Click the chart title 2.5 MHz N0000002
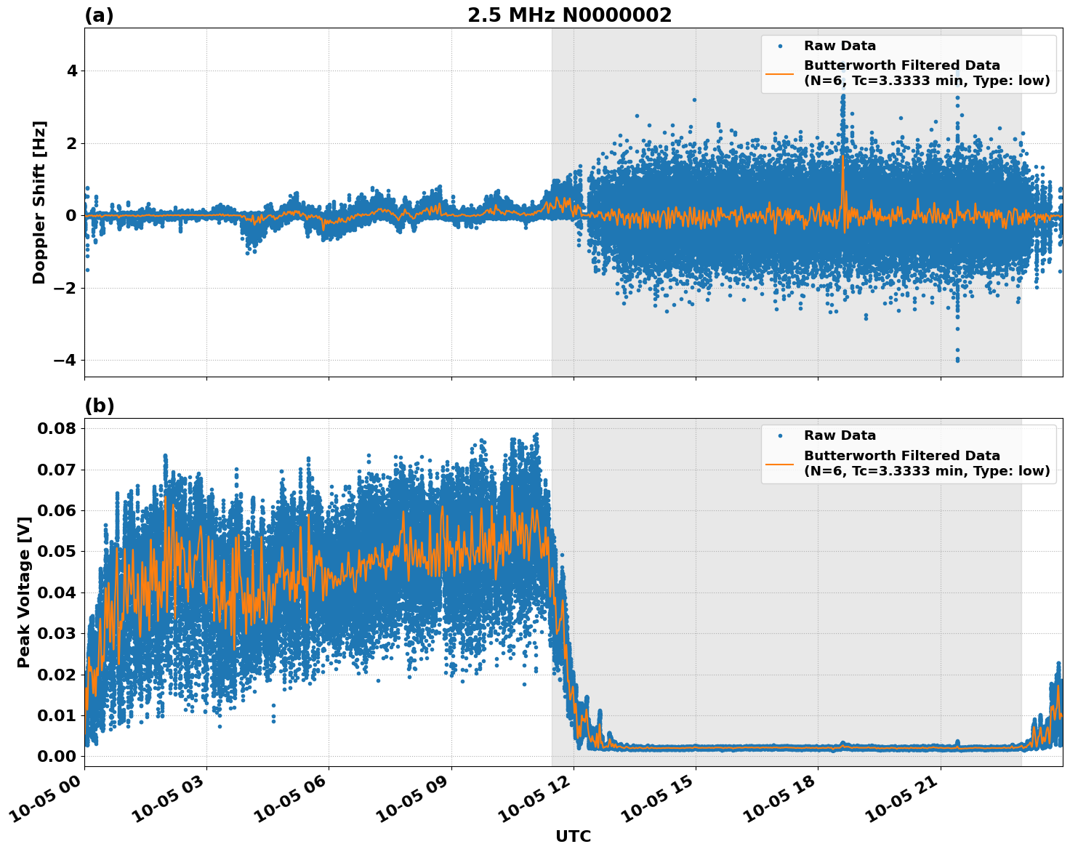pos(569,15)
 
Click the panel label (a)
pos(99,15)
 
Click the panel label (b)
pos(99,406)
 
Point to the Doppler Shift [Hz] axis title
pos(39,202)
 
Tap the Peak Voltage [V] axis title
pos(24,592)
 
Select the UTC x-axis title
pos(573,836)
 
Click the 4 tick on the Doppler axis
pos(71,71)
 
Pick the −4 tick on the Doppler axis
pos(66,361)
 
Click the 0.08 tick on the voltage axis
pos(57,428)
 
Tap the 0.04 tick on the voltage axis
pos(57,592)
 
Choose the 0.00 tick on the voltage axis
pos(57,756)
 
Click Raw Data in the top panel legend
pos(840,46)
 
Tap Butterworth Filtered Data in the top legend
pos(901,65)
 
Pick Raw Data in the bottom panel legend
pos(840,435)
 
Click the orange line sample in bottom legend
pos(779,463)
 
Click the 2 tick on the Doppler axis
pos(71,143)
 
